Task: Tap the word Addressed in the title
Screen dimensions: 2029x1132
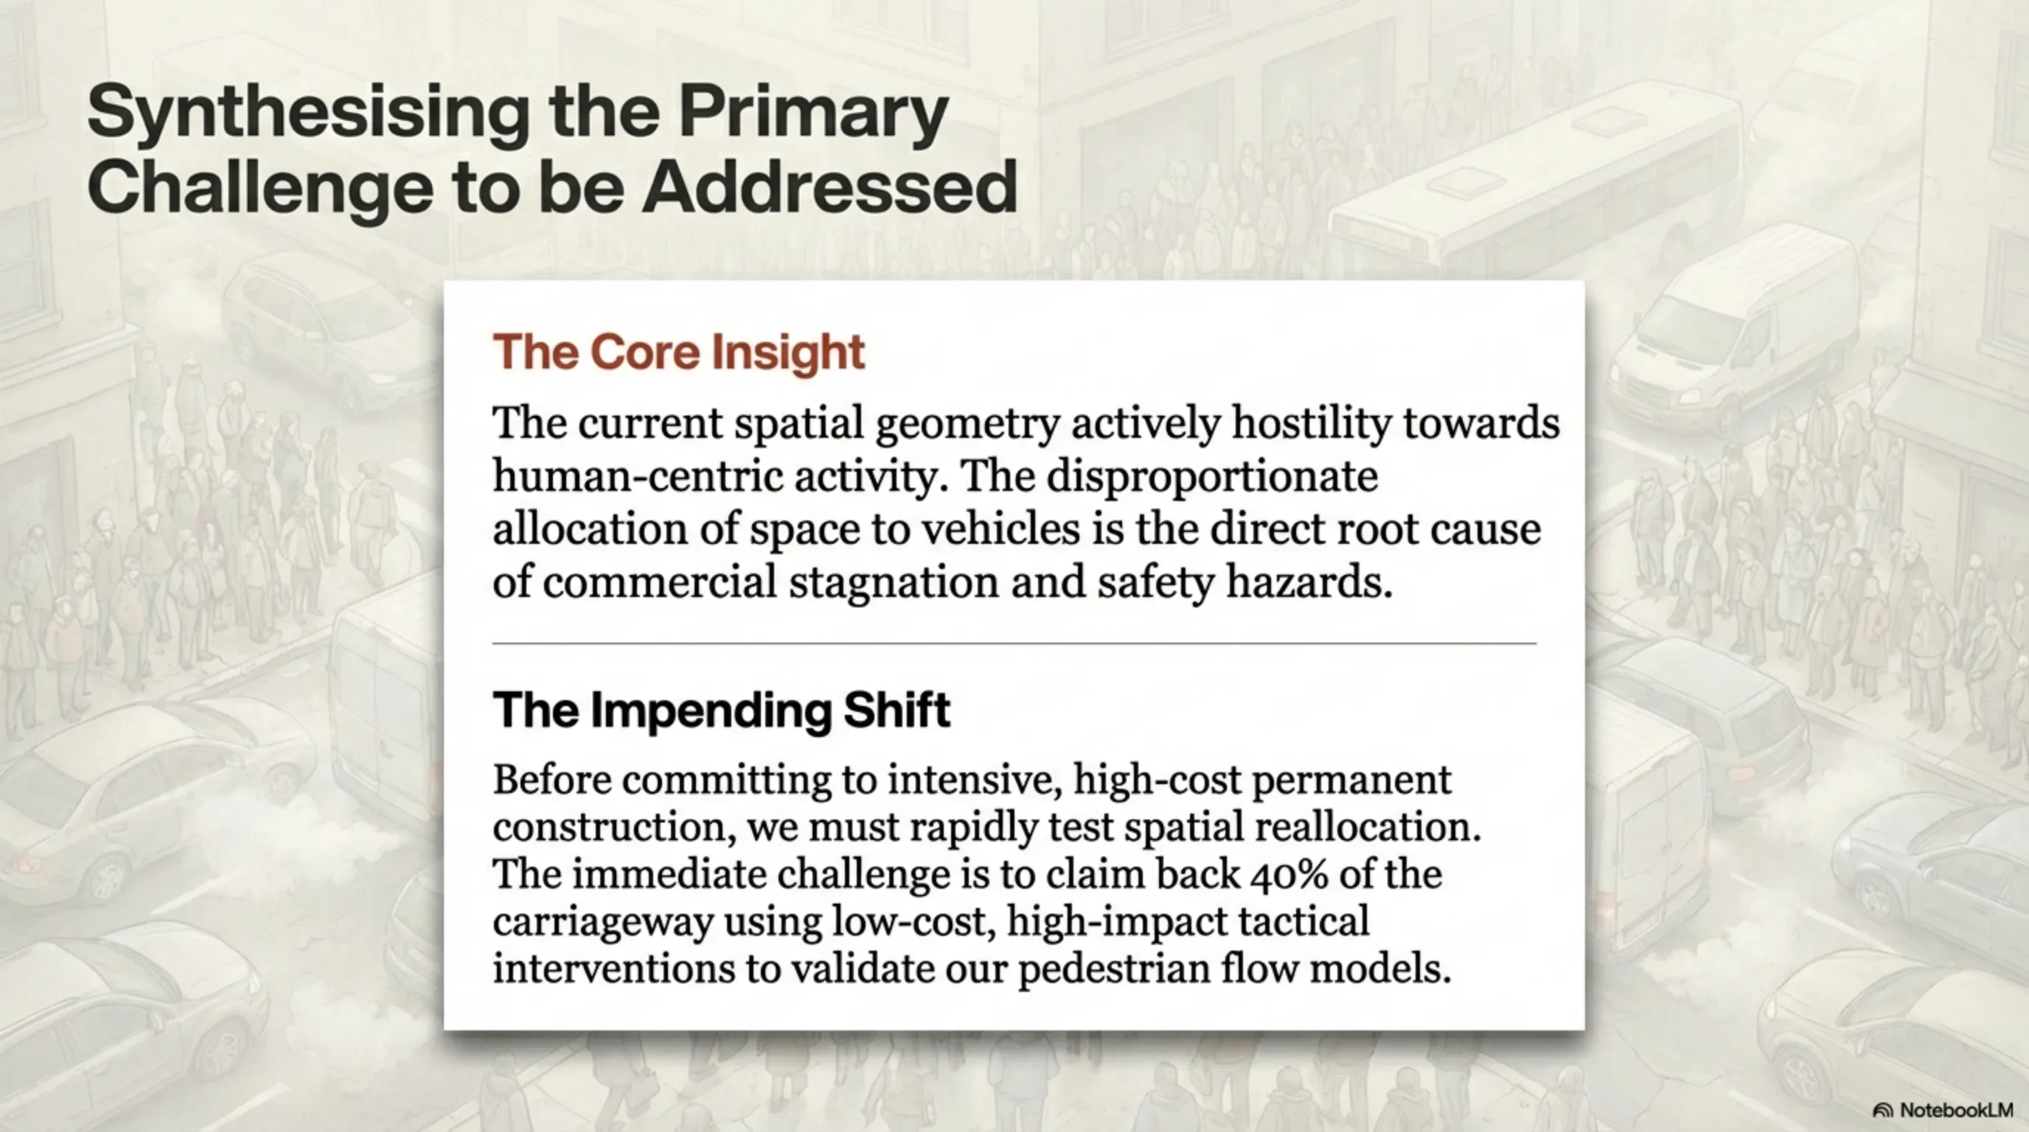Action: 830,187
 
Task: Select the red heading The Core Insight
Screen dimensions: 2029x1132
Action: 679,351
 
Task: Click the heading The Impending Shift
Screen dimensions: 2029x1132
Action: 722,710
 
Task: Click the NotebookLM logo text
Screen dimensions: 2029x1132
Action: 1956,1111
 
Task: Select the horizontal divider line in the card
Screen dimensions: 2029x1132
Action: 1014,644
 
